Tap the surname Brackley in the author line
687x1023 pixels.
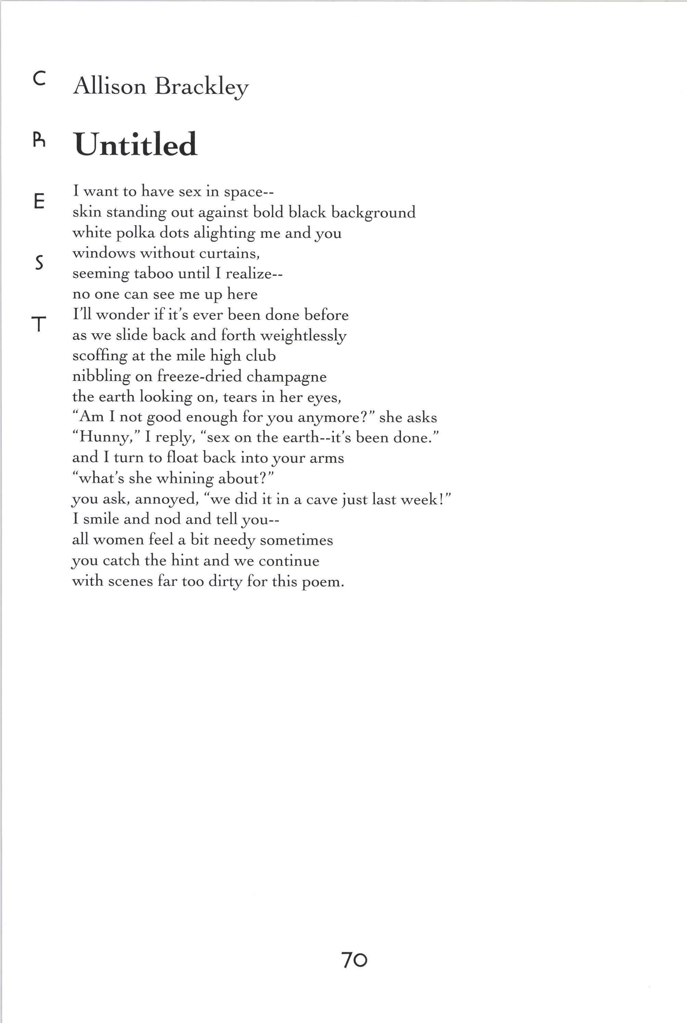[x=201, y=86]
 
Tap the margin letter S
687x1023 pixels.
[x=39, y=263]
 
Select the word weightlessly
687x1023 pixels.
[x=303, y=336]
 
